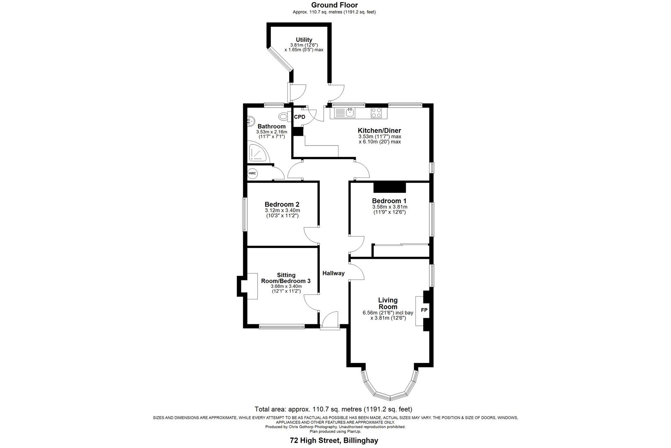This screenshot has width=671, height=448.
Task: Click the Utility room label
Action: click(x=304, y=40)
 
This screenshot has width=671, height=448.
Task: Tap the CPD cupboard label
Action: click(x=299, y=117)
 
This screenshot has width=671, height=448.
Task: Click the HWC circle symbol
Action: click(x=252, y=173)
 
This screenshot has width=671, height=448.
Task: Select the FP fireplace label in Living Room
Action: click(x=424, y=310)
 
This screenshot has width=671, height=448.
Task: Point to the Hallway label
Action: click(x=333, y=273)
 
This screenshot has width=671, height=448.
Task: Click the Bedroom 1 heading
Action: click(x=389, y=201)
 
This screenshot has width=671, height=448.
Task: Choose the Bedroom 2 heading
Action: click(x=282, y=205)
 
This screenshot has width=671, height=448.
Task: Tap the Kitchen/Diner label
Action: click(x=379, y=131)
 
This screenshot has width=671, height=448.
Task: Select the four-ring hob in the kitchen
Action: click(x=377, y=112)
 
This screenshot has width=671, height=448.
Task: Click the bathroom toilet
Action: click(x=285, y=117)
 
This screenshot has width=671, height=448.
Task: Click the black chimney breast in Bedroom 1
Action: click(x=390, y=187)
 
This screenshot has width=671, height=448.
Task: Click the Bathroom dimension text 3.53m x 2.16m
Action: click(x=271, y=132)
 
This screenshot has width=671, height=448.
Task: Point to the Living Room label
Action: click(x=388, y=303)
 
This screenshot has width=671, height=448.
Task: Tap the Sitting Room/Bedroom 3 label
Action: click(x=286, y=278)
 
